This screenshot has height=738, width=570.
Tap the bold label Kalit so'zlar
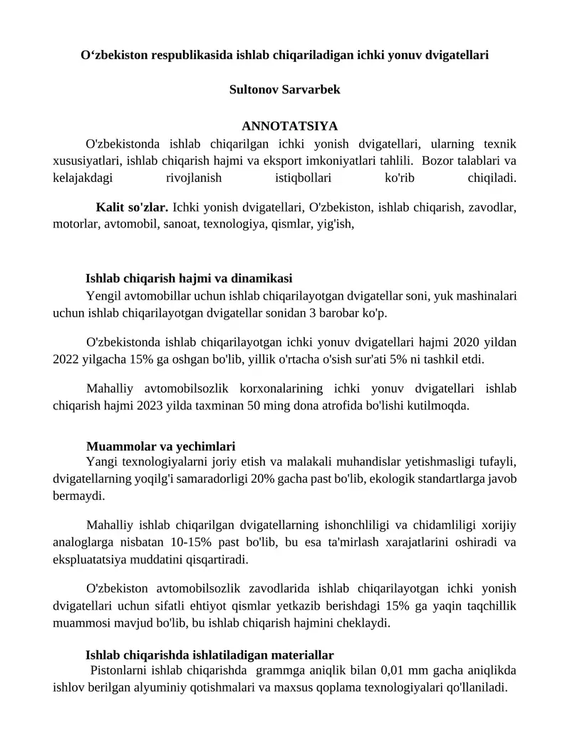[132, 208]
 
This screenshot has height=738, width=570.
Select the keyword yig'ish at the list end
[335, 225]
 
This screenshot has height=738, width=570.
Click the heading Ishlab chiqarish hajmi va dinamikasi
[188, 278]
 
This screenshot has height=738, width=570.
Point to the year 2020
[470, 342]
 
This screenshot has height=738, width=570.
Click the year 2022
[66, 359]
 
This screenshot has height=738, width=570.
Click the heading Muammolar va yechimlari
[160, 447]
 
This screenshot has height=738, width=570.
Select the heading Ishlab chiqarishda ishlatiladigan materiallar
[209, 655]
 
